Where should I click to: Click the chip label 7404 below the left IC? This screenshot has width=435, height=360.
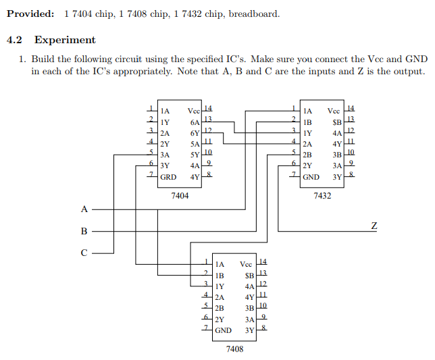tap(180, 195)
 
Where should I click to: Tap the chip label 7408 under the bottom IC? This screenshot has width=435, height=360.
tap(234, 349)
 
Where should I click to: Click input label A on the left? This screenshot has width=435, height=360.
tap(84, 208)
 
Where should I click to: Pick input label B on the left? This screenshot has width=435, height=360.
tap(84, 231)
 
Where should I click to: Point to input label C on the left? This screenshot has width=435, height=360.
tap(84, 254)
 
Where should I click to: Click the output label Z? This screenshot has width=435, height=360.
tap(374, 224)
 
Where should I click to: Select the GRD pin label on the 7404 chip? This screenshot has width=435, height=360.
tap(169, 177)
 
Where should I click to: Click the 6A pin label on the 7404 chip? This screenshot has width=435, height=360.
tap(195, 122)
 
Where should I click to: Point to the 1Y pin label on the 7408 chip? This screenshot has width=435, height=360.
tap(220, 286)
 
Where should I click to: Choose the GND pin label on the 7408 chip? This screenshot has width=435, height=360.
tap(223, 330)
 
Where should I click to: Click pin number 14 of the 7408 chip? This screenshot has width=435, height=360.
tap(263, 261)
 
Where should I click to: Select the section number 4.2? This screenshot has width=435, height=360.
tap(16, 40)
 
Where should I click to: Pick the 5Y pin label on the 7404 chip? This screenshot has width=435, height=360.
tap(195, 155)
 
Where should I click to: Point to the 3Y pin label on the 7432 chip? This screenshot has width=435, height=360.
tap(337, 177)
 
